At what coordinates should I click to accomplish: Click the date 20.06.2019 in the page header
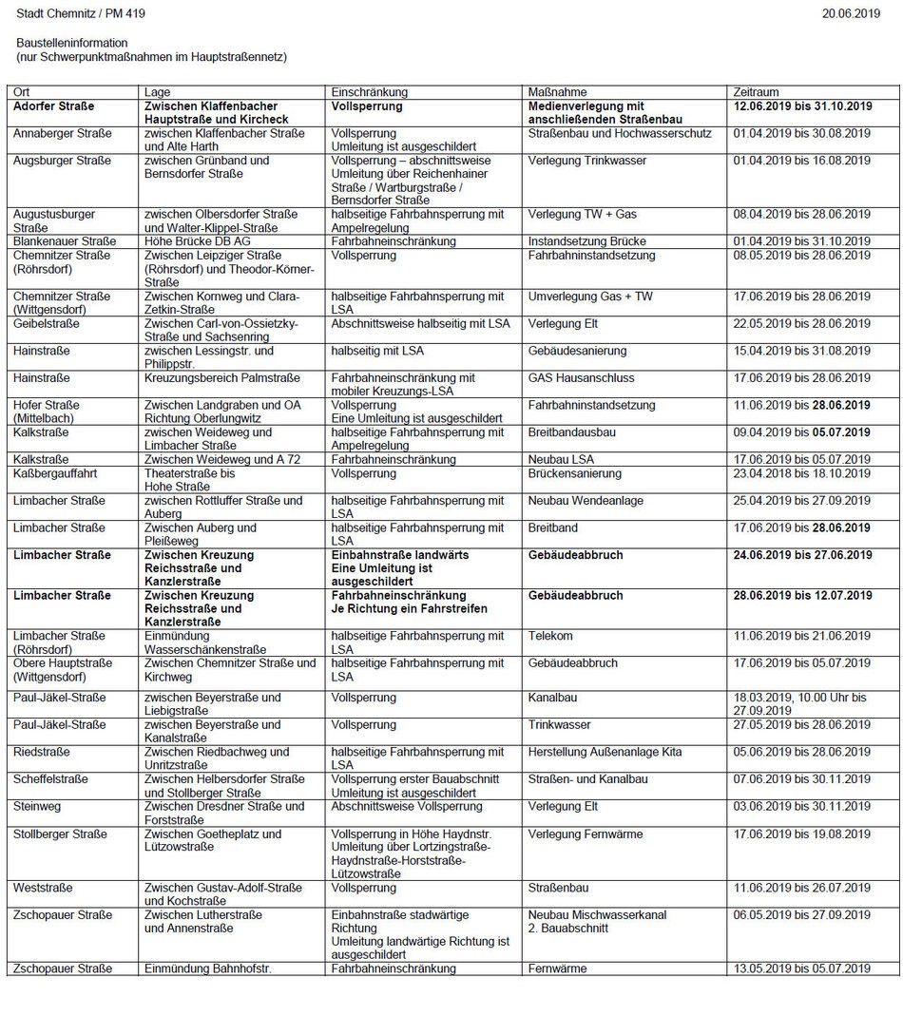851,13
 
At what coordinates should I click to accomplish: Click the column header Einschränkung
369,92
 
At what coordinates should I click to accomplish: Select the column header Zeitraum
757,92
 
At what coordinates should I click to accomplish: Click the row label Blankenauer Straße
65,241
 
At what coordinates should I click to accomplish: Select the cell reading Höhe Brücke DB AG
198,241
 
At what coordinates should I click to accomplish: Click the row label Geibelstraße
47,324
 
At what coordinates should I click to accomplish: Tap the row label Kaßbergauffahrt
54,473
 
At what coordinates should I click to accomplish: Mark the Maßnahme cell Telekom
550,636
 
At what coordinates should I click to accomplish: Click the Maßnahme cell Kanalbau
552,698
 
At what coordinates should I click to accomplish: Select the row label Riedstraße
41,752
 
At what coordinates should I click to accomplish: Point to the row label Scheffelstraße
50,779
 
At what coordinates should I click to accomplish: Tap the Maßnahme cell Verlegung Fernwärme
586,834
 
